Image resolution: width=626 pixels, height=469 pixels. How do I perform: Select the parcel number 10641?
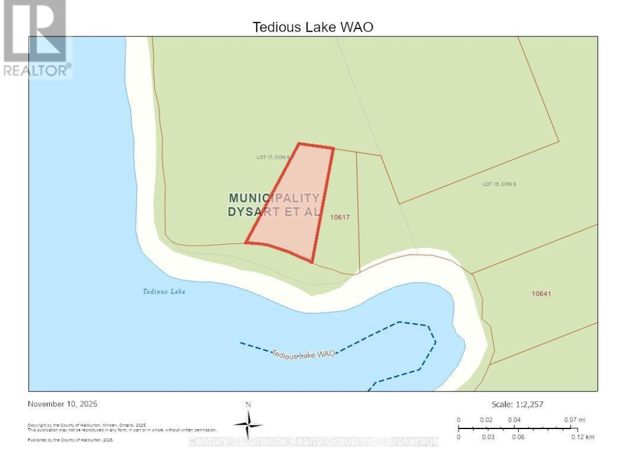click(x=541, y=294)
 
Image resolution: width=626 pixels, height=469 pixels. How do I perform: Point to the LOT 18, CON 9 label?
click(x=499, y=184)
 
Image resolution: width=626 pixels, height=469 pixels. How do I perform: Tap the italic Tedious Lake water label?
click(x=164, y=291)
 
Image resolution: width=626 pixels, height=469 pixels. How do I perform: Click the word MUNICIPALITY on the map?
click(x=274, y=198)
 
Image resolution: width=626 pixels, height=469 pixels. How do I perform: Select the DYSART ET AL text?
click(x=274, y=212)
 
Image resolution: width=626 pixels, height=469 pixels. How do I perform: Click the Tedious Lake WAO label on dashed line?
click(x=303, y=354)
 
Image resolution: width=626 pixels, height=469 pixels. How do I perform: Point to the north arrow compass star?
click(x=248, y=425)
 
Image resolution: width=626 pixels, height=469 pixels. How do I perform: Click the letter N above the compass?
click(x=248, y=405)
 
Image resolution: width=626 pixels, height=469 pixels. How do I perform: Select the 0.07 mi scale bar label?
click(x=573, y=419)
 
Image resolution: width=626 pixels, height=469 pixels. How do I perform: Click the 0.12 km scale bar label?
click(x=581, y=437)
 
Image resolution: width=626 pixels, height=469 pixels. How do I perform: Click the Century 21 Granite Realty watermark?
click(x=313, y=442)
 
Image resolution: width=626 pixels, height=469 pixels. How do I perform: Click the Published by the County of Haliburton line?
click(x=71, y=441)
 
